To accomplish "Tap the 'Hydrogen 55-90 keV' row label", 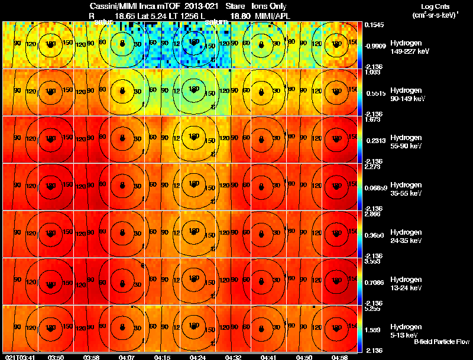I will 406,142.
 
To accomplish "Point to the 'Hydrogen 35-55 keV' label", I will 406,189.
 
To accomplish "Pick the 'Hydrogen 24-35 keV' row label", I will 406,236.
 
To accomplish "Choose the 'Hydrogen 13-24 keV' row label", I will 406,284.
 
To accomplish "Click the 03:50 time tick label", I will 56,357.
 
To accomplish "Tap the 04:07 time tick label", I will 127,357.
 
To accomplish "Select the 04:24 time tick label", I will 197,357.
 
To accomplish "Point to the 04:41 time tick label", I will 268,357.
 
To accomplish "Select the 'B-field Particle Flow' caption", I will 441,342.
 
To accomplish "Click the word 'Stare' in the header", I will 235,6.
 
